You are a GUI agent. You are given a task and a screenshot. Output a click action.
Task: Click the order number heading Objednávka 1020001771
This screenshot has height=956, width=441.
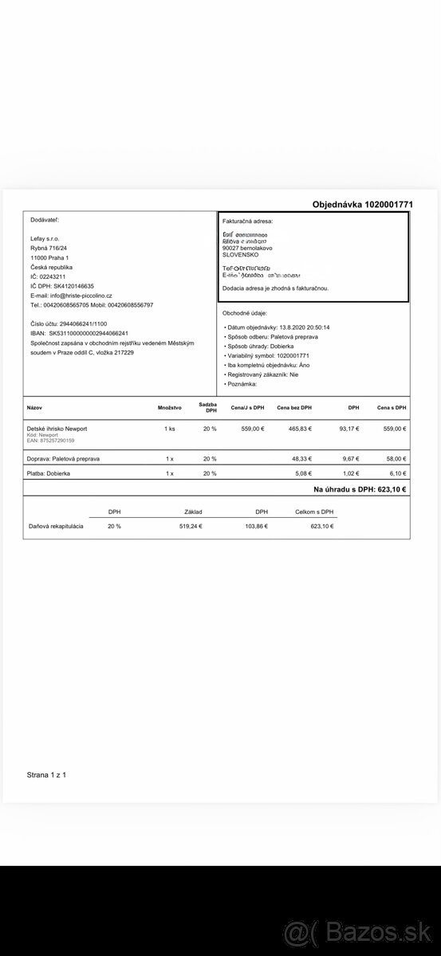[x=362, y=205]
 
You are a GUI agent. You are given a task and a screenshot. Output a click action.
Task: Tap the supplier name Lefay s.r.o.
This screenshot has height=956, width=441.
[x=45, y=238]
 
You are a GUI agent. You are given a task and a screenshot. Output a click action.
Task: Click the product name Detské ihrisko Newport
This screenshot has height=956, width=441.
[x=57, y=429]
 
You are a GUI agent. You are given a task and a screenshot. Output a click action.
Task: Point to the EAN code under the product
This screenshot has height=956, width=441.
[x=50, y=441]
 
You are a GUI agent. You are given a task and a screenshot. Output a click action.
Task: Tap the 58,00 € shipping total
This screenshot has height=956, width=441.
[x=394, y=459]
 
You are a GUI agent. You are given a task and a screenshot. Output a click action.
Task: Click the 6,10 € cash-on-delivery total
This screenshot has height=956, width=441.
[x=396, y=474]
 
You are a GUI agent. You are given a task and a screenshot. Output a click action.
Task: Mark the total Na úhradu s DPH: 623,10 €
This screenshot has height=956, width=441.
[x=360, y=489]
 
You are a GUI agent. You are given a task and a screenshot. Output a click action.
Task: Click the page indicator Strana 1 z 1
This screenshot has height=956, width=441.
[x=47, y=774]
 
